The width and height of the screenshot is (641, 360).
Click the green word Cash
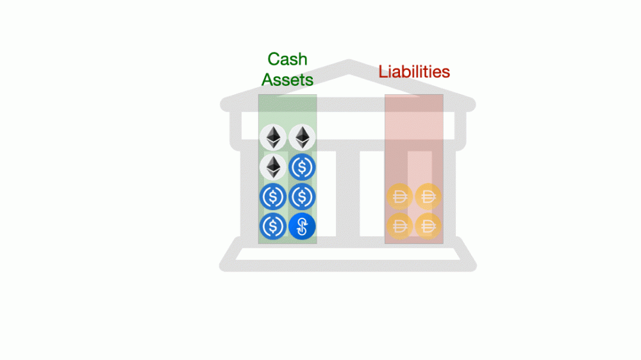click(x=287, y=60)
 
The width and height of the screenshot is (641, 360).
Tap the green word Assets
click(x=287, y=79)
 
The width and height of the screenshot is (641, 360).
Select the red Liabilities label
click(x=414, y=71)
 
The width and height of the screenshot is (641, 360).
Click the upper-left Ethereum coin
click(x=274, y=138)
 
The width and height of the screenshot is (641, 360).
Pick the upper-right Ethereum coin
click(x=301, y=138)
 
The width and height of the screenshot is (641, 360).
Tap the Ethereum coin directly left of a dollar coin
click(x=274, y=167)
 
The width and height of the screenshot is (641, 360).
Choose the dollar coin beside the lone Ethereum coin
click(x=301, y=167)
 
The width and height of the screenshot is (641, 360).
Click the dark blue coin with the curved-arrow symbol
click(x=302, y=226)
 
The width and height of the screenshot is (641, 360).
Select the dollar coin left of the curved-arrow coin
click(x=274, y=226)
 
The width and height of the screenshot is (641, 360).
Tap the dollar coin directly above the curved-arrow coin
click(x=301, y=197)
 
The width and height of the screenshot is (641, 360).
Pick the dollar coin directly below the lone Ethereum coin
click(x=274, y=197)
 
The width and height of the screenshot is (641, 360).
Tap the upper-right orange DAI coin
click(x=428, y=197)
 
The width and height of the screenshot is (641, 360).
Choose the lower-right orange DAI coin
click(x=428, y=225)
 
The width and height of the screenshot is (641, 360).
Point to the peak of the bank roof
click(x=349, y=65)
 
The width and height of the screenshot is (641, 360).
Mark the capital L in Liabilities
click(x=383, y=71)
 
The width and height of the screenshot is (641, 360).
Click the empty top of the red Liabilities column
click(x=414, y=122)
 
